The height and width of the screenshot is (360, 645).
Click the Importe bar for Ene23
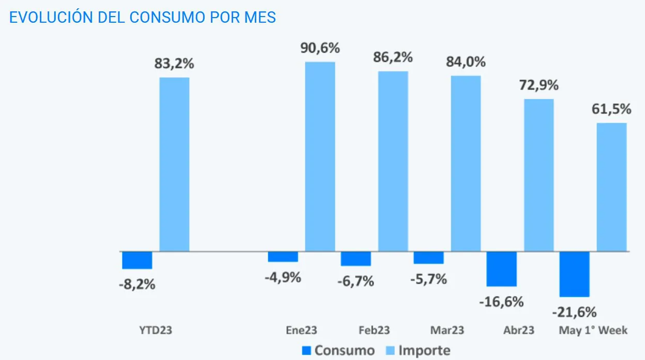(x=320, y=156)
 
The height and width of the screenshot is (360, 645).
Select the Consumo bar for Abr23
(x=502, y=269)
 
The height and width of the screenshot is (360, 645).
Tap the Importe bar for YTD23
(x=174, y=164)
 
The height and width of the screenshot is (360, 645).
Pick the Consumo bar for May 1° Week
(x=574, y=274)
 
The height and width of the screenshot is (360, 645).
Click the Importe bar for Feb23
(x=393, y=161)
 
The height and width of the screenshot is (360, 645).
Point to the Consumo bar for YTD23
(x=137, y=260)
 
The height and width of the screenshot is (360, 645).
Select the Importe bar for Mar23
(x=466, y=163)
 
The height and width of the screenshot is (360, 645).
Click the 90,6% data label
(x=320, y=49)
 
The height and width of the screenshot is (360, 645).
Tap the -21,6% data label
(x=574, y=312)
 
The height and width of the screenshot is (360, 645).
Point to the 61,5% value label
(x=611, y=109)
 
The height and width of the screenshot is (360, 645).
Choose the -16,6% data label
(x=501, y=302)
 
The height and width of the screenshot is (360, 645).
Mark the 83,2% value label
(x=174, y=64)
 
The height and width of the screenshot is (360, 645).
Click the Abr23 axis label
(x=518, y=330)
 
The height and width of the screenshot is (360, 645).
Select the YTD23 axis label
(x=156, y=330)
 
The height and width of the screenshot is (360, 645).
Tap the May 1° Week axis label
(x=593, y=330)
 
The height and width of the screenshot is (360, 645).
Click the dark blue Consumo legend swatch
(x=306, y=351)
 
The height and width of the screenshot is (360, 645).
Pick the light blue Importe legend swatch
(x=390, y=351)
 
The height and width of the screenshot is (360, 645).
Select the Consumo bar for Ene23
(x=283, y=257)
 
